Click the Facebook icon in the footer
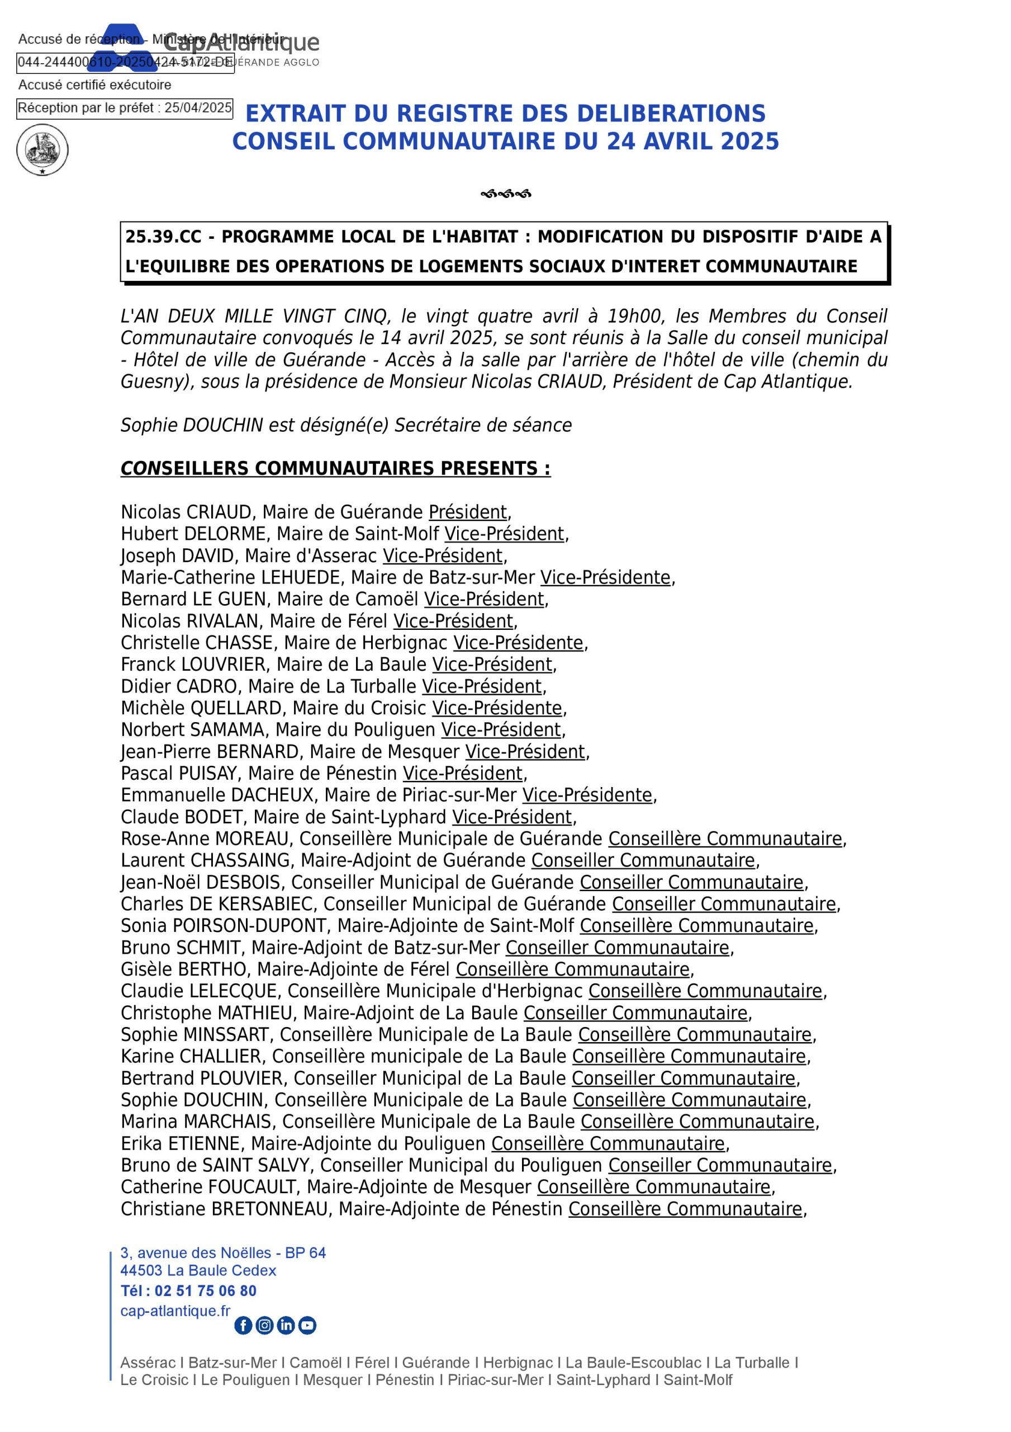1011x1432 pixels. (x=243, y=1325)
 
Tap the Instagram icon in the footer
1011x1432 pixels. (x=264, y=1325)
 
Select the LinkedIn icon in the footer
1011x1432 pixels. (x=286, y=1325)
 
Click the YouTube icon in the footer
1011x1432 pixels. (x=307, y=1325)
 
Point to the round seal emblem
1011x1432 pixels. (x=42, y=150)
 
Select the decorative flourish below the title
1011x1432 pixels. (x=505, y=194)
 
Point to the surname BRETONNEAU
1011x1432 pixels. (x=269, y=1209)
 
